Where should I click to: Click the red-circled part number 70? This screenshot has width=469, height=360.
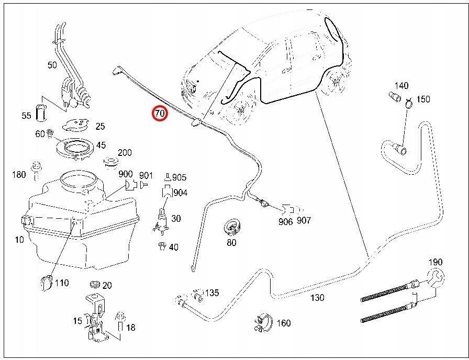[x=159, y=114]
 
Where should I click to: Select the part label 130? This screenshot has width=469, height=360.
[x=317, y=297]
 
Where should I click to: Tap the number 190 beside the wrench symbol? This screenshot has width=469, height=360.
[x=435, y=262]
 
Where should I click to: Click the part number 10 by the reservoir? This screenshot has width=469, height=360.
[x=19, y=240]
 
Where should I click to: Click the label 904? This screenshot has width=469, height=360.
[x=180, y=193]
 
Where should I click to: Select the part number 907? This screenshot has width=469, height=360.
[x=303, y=220]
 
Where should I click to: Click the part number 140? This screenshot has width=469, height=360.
[x=401, y=85]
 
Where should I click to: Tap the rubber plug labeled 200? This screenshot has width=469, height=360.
[x=110, y=161]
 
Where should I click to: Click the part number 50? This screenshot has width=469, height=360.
[x=52, y=65]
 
